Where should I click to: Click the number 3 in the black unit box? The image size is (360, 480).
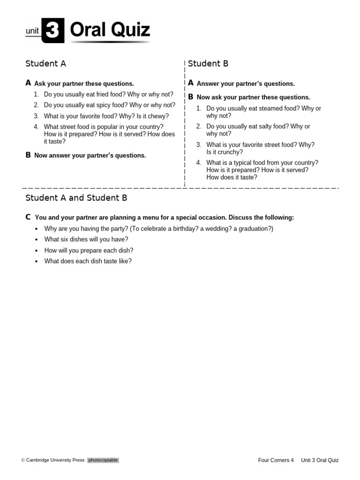point(52,31)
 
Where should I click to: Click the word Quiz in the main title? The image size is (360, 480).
point(130,30)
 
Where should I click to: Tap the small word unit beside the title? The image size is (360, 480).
point(32,31)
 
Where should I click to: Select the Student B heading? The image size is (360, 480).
point(208,64)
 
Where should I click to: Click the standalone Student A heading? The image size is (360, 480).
point(45,64)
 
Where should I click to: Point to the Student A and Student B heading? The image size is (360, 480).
point(76,198)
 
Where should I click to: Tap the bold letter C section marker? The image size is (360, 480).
point(28,217)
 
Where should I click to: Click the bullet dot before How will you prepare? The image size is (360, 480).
point(37,251)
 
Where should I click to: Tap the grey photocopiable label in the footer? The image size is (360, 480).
point(103,460)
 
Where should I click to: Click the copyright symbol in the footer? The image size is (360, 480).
point(23,460)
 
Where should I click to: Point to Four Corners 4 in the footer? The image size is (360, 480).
point(276,460)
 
